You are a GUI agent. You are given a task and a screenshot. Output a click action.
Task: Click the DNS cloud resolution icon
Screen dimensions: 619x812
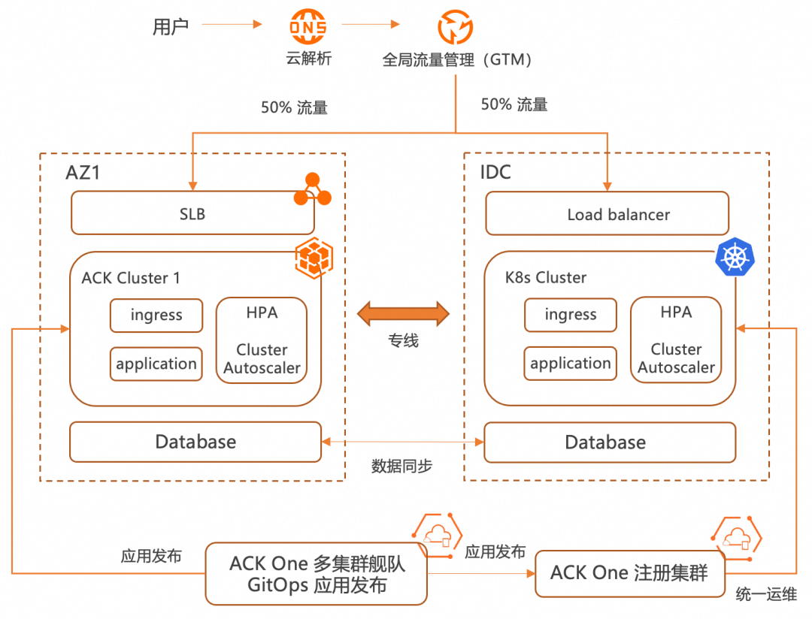308,28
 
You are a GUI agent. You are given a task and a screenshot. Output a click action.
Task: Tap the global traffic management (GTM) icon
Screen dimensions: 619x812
456,28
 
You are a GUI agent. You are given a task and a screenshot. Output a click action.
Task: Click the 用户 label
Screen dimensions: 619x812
171,28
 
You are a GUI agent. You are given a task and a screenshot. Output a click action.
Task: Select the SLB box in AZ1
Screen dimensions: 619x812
192,214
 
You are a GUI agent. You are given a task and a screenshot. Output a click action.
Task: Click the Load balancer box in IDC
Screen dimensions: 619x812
607,214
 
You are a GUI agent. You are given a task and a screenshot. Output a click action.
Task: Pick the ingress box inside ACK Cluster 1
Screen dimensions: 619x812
156,316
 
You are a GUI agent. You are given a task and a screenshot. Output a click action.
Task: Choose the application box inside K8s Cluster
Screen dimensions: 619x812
571,364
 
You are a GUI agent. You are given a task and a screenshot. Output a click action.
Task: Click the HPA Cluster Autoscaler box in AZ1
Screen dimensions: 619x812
262,340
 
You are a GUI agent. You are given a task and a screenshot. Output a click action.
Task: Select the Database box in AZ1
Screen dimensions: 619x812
195,442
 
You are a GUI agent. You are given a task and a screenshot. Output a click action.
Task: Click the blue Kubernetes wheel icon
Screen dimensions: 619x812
735,258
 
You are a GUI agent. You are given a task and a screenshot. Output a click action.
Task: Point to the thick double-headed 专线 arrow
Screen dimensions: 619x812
403,313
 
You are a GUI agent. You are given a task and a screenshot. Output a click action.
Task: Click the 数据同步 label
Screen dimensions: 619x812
402,466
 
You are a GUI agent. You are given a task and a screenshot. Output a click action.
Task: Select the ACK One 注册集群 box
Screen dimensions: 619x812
630,574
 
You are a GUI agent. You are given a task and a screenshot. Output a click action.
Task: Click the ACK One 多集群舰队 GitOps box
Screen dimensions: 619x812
317,574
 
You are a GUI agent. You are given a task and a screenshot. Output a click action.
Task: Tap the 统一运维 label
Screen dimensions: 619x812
765,595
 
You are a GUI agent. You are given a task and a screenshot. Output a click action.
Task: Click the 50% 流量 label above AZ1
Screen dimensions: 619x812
294,107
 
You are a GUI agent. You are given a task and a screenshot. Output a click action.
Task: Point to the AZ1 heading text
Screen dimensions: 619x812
83,173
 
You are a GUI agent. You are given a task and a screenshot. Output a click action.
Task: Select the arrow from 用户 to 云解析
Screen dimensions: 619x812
232,26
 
